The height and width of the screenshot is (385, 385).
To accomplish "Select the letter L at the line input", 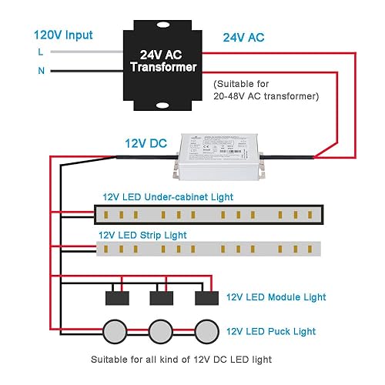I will point(40,52).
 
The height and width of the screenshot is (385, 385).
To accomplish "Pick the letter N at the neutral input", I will point(40,72).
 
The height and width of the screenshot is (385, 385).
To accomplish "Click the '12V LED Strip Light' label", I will point(142,235).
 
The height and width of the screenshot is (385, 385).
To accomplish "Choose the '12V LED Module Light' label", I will point(276,297).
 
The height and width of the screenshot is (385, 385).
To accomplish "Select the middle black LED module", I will point(161,298).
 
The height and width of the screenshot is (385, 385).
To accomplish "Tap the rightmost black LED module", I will point(205,298).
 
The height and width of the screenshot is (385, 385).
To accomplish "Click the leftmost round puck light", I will point(116,331).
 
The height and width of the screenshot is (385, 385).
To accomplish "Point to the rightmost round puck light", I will point(204,331).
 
